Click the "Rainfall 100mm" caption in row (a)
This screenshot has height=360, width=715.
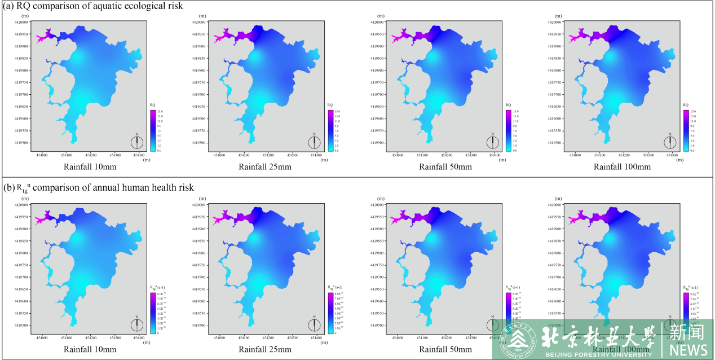click(x=622, y=166)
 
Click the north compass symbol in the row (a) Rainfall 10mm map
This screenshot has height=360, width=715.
click(x=137, y=142)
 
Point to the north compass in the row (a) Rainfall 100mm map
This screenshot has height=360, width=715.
click(x=670, y=142)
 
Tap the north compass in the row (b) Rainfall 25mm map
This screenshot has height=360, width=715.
click(x=315, y=324)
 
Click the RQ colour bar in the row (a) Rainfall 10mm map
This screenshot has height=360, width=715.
click(x=153, y=130)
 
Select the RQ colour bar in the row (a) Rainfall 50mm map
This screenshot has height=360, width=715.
click(x=509, y=130)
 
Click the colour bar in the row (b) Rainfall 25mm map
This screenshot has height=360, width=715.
click(x=330, y=313)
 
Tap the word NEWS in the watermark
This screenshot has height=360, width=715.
click(x=689, y=349)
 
